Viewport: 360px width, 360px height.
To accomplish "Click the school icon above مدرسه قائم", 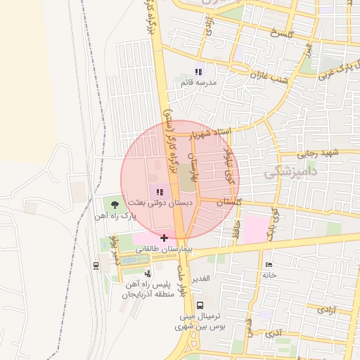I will [x=198, y=72].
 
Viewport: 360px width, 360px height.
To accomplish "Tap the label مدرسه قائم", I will [x=199, y=83].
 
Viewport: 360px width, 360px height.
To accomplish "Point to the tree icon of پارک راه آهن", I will [x=115, y=205].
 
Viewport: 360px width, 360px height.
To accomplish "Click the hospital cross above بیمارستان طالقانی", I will [x=164, y=238].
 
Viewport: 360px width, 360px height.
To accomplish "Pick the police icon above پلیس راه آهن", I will [x=148, y=273].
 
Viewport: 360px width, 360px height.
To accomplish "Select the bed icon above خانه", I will [x=268, y=264].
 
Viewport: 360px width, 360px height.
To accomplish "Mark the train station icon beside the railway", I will [x=96, y=265].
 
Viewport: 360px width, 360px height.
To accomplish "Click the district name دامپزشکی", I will [x=292, y=171].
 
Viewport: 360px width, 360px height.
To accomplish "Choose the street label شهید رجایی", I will [x=317, y=153].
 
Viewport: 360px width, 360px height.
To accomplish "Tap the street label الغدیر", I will [x=202, y=279].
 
